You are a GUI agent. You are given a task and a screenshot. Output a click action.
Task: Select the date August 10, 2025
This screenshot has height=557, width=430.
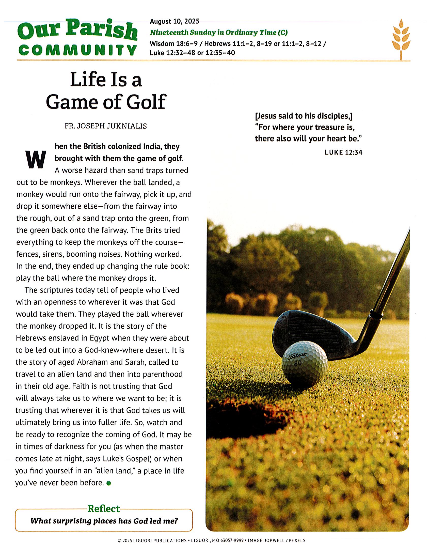pos(174,21)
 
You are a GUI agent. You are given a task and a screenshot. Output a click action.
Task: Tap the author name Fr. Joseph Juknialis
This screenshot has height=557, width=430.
pos(105,126)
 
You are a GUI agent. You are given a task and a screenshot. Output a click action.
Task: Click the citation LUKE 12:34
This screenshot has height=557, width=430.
pos(343,152)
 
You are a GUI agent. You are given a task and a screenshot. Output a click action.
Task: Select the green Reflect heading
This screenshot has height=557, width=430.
pos(103,509)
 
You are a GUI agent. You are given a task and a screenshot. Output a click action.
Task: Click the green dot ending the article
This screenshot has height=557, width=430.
pos(109,483)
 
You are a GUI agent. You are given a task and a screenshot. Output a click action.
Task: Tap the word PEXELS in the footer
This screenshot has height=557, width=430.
pos(297,540)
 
